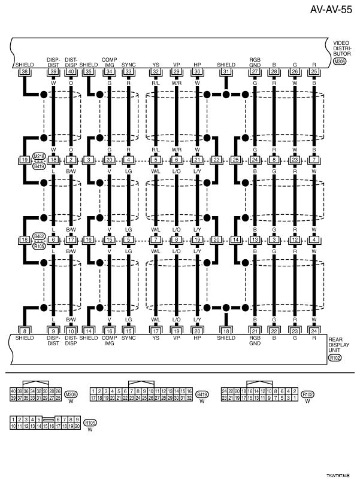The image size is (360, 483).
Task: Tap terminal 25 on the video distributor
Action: [x=313, y=72]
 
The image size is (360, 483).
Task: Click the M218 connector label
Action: [x=40, y=156]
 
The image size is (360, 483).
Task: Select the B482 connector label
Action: [x=40, y=236]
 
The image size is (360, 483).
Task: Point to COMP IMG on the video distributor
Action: [x=109, y=62]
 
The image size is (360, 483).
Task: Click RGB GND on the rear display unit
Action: [x=255, y=340]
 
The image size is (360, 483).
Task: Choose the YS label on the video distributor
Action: [x=156, y=65]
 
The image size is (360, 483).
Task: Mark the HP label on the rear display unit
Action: [x=197, y=337]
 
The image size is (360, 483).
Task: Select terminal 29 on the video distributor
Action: [x=176, y=72]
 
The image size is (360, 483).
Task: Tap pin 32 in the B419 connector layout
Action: [x=189, y=397]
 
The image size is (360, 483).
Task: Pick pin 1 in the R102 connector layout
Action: [x=295, y=397]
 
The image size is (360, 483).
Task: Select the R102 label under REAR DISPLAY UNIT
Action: [x=335, y=358]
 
